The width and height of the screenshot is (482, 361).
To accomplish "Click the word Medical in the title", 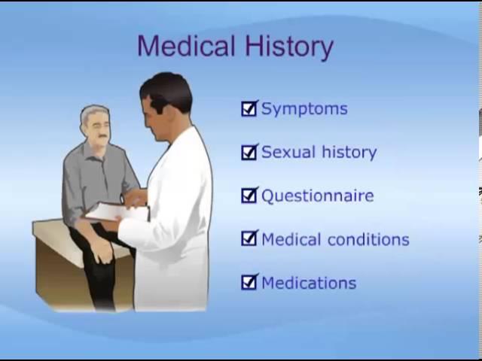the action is coord(186,46).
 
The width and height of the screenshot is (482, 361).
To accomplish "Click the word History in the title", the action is coord(289,47).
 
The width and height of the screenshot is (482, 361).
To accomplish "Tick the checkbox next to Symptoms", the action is coord(249,108).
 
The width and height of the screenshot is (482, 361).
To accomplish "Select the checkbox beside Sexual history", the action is coord(249,152).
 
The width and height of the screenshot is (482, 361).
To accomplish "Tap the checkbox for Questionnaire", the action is coord(249,196).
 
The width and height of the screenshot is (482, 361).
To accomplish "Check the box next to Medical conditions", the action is coord(249,239).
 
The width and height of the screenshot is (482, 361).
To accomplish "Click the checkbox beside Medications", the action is coord(249,282).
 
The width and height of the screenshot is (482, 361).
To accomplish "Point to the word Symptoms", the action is coord(304,109).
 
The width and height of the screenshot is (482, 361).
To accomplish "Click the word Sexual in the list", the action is coord(288,152).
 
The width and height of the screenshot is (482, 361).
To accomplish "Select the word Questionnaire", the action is coord(318,196).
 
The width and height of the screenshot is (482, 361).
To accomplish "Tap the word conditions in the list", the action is coord(368,239).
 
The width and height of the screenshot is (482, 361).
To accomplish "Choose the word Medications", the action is coord(309,283).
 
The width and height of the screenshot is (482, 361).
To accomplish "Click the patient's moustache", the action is coord(102,136).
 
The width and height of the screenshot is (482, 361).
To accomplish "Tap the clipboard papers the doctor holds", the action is coord(117,212).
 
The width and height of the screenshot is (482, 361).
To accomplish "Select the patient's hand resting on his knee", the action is coord(103,250).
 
